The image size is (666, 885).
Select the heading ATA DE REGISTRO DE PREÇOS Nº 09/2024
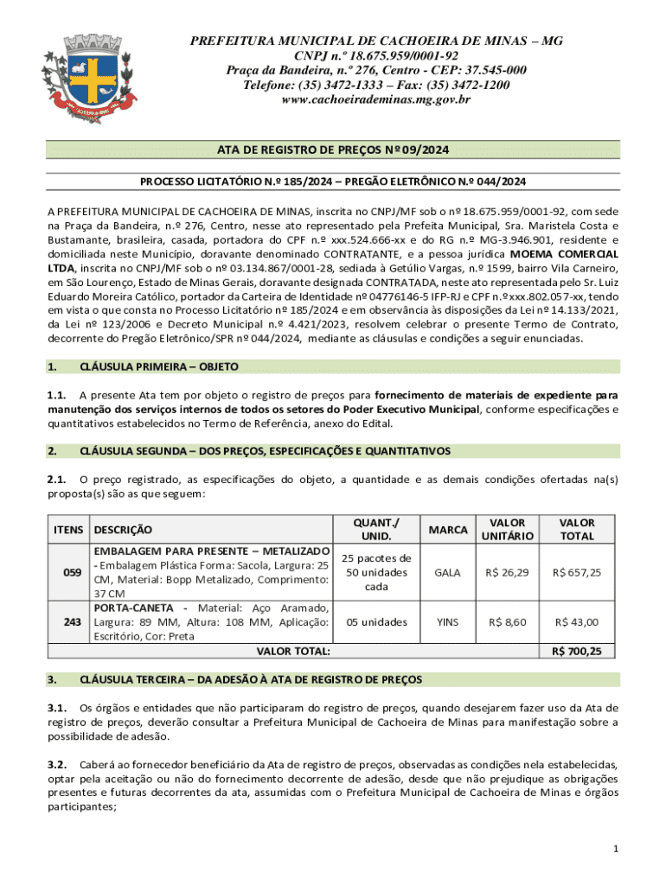333,150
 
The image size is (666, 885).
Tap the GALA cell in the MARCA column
447,572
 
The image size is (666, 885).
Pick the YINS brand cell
447,621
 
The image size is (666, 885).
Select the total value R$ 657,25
579,572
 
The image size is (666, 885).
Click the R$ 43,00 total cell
579,621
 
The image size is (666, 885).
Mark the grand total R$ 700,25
579,651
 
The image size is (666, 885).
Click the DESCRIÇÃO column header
123,529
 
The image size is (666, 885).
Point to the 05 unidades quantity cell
377,621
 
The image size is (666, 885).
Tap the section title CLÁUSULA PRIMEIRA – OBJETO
158,367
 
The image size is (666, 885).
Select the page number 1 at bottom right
615,850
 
